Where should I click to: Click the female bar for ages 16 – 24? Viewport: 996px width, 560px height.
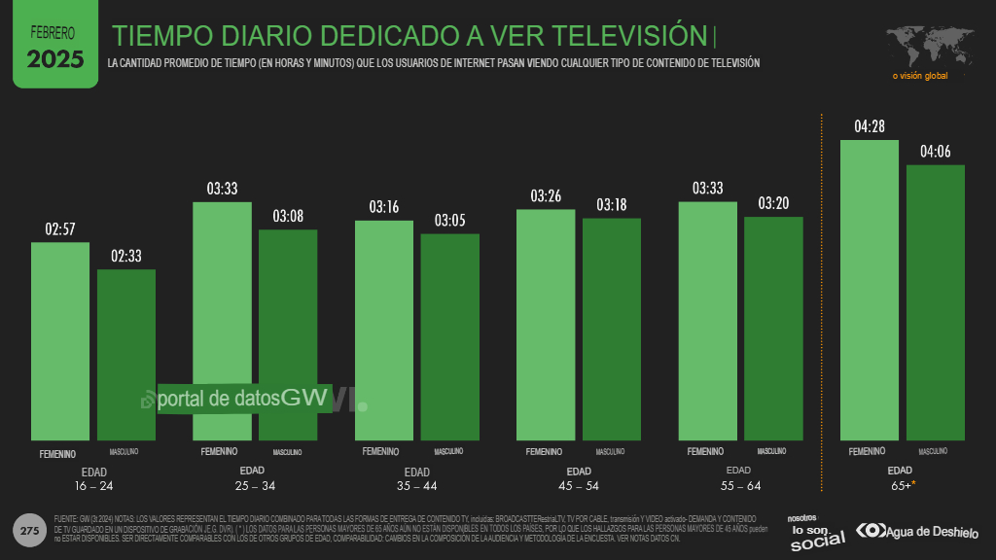tap(60, 340)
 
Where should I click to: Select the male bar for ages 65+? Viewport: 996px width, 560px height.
tap(935, 301)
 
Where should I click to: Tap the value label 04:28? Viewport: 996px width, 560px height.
tap(870, 127)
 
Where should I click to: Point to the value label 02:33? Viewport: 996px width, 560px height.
tap(125, 257)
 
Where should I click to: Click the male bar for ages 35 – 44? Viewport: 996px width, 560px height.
tap(449, 336)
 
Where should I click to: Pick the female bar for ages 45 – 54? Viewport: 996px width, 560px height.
tap(545, 325)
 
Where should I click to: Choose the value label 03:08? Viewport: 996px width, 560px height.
tap(288, 216)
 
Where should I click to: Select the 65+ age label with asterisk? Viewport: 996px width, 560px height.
tap(900, 485)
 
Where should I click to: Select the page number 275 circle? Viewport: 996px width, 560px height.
tap(29, 531)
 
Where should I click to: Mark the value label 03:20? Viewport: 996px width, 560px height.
tap(772, 203)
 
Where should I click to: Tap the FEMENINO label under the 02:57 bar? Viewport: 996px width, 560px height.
tap(58, 453)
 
